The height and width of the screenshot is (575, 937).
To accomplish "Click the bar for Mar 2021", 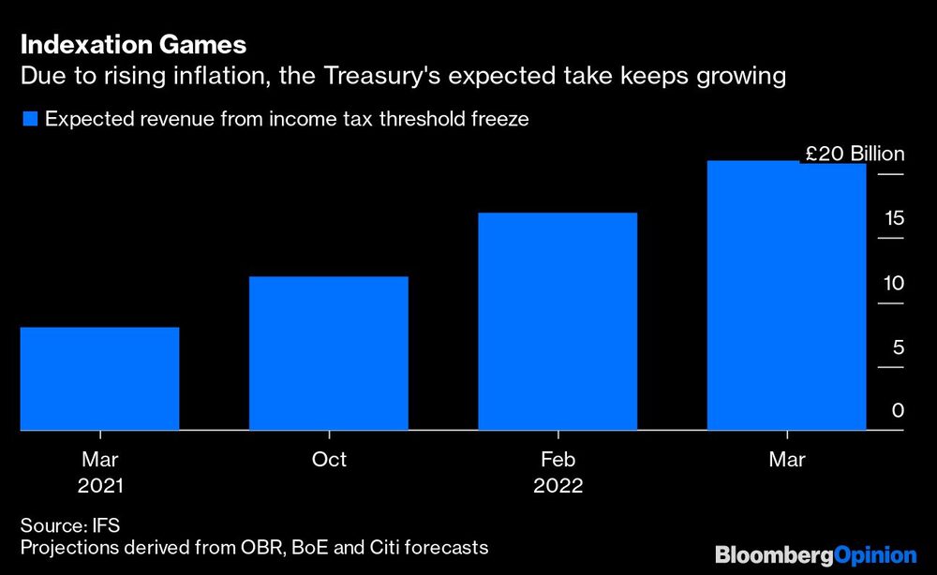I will [99, 378].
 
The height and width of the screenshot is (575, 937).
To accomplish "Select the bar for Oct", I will [328, 353].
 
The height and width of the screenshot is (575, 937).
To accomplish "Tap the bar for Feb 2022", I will [558, 321].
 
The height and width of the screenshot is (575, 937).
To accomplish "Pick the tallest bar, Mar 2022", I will [786, 295].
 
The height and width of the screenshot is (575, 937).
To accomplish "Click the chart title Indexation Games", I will [134, 44].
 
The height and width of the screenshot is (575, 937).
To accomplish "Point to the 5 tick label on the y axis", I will [898, 347].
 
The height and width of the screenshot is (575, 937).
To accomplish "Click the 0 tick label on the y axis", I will [898, 411].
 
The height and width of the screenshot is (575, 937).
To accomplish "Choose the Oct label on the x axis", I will [328, 459].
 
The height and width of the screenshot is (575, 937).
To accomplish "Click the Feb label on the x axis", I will [558, 459].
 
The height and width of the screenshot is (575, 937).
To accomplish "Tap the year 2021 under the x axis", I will [99, 486].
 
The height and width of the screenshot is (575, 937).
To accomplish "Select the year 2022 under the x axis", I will [558, 486].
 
